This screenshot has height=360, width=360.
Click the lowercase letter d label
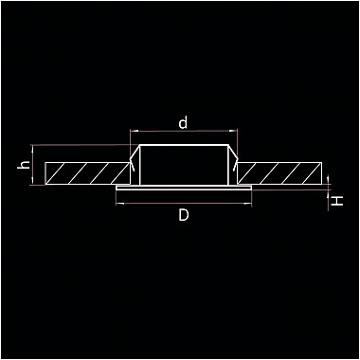183,122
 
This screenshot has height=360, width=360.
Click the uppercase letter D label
184,215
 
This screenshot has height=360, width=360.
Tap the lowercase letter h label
24,165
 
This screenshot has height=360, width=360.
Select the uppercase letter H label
338,201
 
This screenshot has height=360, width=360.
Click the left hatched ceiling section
87,173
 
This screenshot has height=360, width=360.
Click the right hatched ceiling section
279,173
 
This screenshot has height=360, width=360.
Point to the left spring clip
134,158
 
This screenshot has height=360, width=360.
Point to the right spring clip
234,158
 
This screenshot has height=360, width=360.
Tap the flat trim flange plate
184,188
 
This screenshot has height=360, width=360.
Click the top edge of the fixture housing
184,145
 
